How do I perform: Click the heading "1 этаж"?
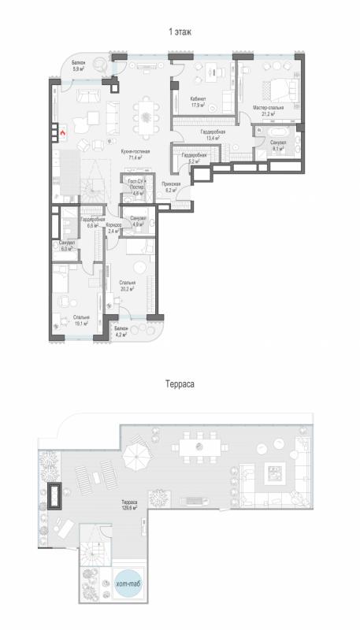coord(180,32)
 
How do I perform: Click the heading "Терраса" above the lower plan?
coord(180,386)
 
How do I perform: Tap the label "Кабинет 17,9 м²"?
coord(198,102)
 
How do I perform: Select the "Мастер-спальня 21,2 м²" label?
coord(267,109)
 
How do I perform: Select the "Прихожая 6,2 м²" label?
coord(172,187)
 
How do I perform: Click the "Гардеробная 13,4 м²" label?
coord(213,135)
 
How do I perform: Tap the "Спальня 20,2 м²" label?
coord(128,286)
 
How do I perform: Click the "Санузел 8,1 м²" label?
coord(277,145)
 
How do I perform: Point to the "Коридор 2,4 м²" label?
coord(112,229)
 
